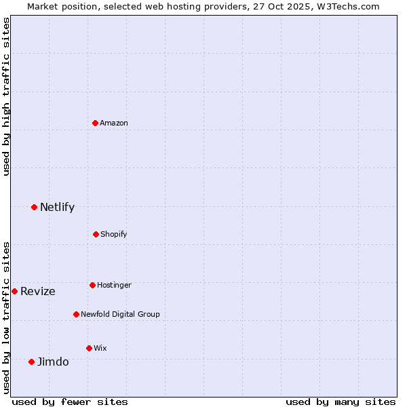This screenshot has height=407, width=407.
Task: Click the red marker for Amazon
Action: pos(96,123)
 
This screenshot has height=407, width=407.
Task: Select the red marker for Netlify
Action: pos(34,207)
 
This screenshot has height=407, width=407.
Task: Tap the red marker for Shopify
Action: pos(96,234)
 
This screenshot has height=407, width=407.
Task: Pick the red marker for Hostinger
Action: pos(92,285)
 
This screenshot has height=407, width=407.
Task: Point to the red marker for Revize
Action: pos(14,291)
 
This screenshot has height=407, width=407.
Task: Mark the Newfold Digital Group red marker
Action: pos(76,314)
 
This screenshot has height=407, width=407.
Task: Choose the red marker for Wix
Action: pos(89,348)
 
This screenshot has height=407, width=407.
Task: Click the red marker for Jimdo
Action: pos(31,362)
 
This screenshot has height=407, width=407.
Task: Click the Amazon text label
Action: pos(114,123)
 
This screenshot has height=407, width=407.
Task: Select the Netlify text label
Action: pos(57,207)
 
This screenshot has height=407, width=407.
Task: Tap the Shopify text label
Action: pos(113,234)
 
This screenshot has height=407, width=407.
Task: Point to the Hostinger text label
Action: pos(114,285)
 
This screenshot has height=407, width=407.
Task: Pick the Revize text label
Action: pos(38,291)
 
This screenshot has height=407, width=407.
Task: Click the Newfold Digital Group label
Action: pos(120,314)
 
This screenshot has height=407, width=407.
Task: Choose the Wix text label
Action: pos(100,348)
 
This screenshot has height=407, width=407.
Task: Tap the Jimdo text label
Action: pos(53,362)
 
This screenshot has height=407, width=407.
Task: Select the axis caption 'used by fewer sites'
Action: pos(70,402)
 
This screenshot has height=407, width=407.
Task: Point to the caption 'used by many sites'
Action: pos(341,402)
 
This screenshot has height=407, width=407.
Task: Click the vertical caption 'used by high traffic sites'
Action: pos(6,96)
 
